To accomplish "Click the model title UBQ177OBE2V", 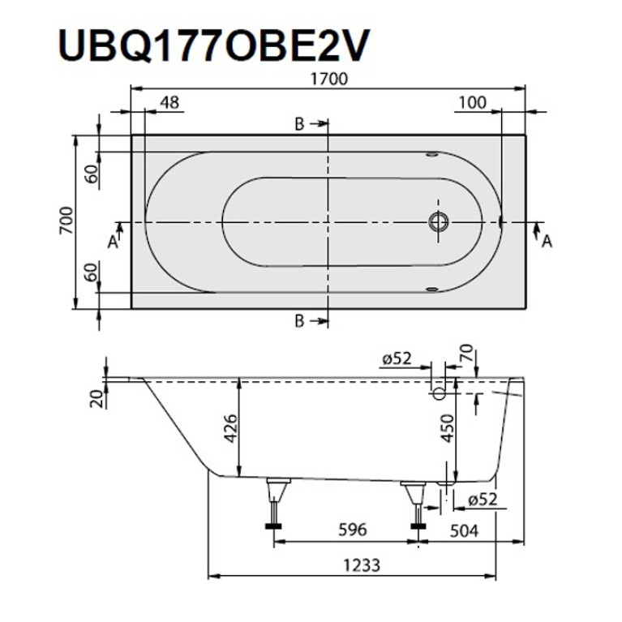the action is [214, 45].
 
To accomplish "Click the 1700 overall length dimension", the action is [328, 79].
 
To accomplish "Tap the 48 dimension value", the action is [169, 103].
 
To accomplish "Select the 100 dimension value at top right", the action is [473, 103].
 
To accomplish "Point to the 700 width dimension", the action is [66, 221].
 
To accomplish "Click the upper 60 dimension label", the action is [92, 174].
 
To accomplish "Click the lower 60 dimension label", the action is [92, 272].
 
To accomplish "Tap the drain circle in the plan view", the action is [439, 221].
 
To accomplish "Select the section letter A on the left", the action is [113, 241].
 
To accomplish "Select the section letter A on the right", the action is [547, 241].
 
